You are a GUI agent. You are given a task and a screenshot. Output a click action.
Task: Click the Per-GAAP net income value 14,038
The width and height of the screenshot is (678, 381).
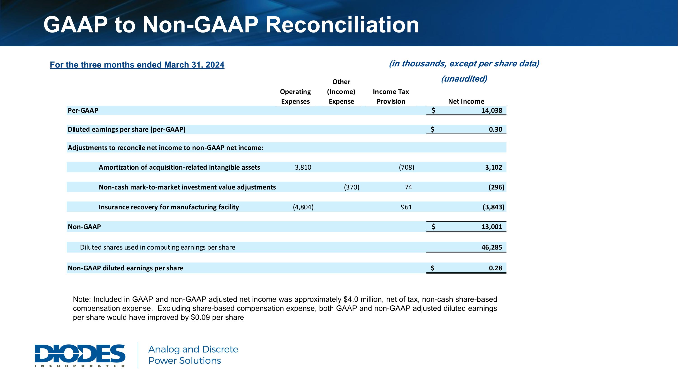point(492,110)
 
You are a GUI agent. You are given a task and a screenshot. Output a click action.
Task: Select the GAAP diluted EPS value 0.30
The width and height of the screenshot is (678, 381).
point(495,129)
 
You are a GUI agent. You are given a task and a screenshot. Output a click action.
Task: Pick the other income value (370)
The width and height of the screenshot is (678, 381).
point(352,187)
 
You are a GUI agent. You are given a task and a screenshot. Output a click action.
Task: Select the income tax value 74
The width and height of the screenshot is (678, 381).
point(408,187)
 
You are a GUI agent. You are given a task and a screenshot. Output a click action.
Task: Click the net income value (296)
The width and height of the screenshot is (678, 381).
point(496,187)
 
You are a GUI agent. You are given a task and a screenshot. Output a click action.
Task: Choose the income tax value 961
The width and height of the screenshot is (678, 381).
point(406,207)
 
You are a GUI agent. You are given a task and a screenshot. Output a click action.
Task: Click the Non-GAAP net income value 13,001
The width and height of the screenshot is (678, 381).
point(492,227)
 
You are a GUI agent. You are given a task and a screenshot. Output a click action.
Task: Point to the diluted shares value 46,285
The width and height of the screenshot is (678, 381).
point(492,248)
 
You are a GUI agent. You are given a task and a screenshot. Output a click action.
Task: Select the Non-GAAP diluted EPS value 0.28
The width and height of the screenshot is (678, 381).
point(495,268)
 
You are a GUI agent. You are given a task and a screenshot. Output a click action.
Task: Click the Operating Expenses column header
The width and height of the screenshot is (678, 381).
point(295,96)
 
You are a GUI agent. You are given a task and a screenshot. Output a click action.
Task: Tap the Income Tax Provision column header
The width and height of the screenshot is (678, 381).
point(391,96)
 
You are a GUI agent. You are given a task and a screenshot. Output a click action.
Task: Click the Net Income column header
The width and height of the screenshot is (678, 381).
point(466,101)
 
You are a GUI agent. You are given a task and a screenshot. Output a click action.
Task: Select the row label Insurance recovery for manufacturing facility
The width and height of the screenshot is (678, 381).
point(169,207)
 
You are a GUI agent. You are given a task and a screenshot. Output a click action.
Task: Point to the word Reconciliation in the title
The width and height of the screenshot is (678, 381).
point(342,25)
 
